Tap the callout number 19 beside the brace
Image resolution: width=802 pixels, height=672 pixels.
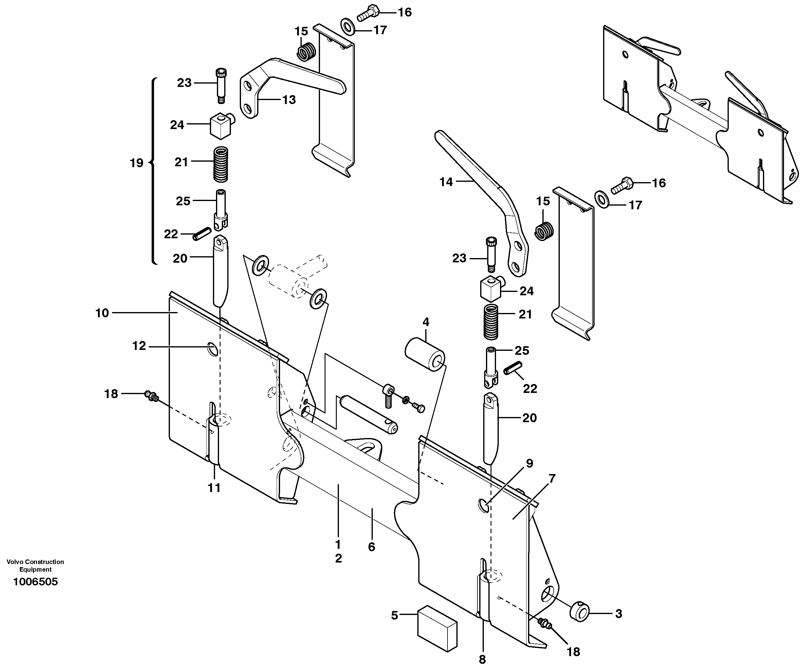click(136, 163)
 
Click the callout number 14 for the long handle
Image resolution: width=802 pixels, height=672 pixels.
click(446, 182)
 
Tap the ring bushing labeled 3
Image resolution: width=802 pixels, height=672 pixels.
click(580, 613)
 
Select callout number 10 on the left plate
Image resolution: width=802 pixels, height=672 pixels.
click(102, 313)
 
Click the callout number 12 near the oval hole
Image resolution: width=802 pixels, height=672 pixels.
click(139, 346)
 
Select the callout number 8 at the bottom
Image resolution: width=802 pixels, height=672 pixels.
click(482, 659)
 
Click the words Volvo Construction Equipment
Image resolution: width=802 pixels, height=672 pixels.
click(35, 566)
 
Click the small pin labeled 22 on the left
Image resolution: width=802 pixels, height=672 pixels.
click(202, 234)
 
